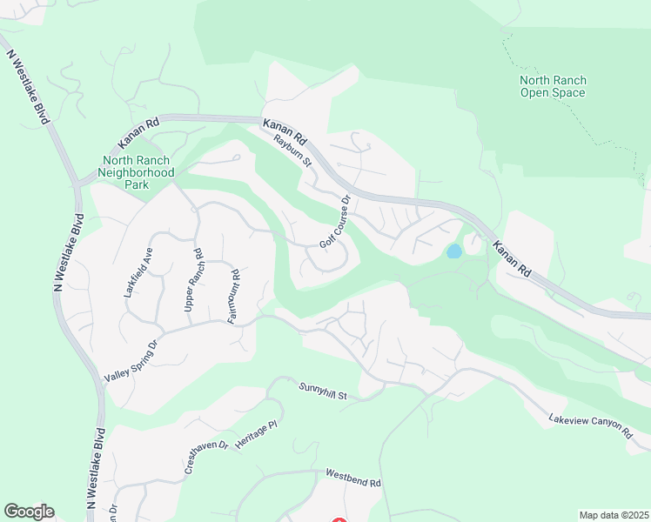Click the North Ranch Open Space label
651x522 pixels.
(553, 86)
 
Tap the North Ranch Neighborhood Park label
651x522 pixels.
(138, 166)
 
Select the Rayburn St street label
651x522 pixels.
(292, 148)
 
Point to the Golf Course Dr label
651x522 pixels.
(334, 222)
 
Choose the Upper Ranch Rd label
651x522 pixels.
(193, 282)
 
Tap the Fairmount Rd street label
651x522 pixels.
(233, 298)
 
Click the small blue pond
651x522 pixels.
(453, 251)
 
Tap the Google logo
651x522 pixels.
(29, 512)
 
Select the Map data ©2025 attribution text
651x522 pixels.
(614, 515)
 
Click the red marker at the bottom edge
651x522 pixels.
(338, 520)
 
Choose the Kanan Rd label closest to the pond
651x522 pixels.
(512, 258)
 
